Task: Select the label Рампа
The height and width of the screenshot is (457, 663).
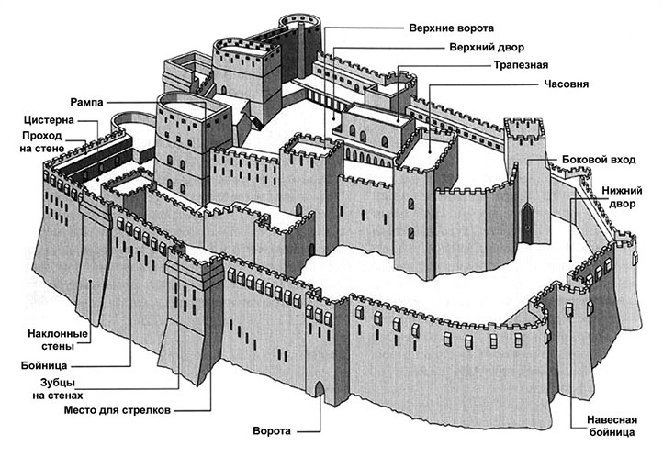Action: pyautogui.click(x=86, y=100)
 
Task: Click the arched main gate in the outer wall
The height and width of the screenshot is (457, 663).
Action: pyautogui.click(x=320, y=389)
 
